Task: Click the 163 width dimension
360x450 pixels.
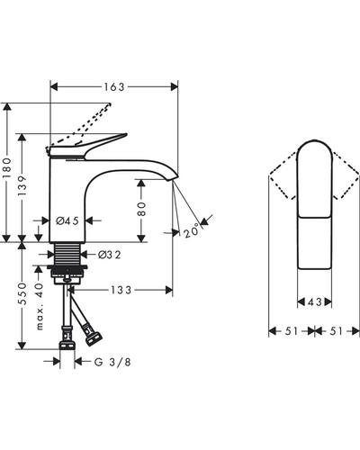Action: coord(114,87)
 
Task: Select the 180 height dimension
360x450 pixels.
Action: coord(6,167)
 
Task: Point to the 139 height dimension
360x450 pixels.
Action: coord(22,185)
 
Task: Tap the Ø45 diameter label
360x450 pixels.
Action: coord(67,221)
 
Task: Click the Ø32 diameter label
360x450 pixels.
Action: coord(110,255)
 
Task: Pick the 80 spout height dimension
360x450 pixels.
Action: coord(141,209)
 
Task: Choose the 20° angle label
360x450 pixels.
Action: coord(191,230)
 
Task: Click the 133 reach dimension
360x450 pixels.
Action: coord(121,290)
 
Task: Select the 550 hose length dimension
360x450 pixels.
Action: coord(22,293)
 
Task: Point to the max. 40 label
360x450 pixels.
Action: coord(40,307)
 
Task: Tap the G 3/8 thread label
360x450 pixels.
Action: coord(112,363)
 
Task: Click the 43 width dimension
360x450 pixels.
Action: coord(315,301)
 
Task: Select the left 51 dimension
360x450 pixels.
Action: coord(292,331)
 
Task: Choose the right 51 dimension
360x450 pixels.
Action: coord(336,331)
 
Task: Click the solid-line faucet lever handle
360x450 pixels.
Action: coord(87,147)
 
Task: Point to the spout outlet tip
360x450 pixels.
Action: coord(173,179)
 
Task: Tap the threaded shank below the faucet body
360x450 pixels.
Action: coord(67,254)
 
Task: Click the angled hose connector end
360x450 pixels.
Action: coord(94,338)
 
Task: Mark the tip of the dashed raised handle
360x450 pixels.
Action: coord(110,104)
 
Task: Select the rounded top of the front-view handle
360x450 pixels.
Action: coord(315,141)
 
